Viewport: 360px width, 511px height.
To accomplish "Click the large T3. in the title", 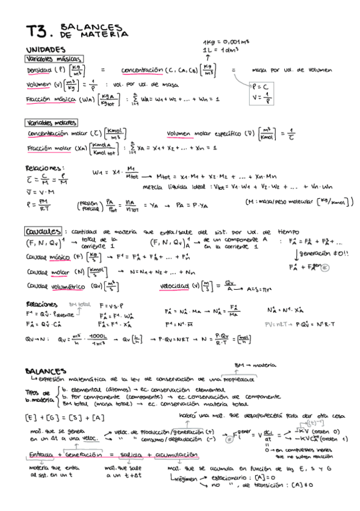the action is coord(39,31).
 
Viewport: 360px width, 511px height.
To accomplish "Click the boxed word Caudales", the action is coord(43,231).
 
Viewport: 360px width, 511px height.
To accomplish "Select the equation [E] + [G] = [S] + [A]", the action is coord(57,417).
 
